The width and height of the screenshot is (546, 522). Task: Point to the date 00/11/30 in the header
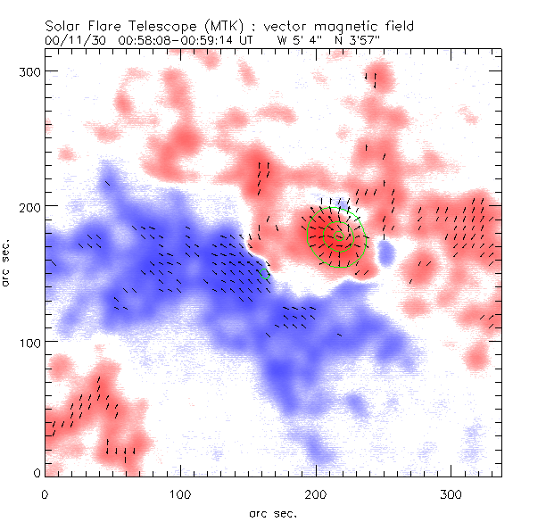click(70, 41)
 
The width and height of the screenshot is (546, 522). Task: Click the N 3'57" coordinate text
click(336, 41)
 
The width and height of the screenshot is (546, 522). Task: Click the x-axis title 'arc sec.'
click(273, 513)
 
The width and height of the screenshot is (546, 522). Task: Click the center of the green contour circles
click(336, 236)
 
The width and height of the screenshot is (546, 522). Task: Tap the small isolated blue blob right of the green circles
click(386, 255)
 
